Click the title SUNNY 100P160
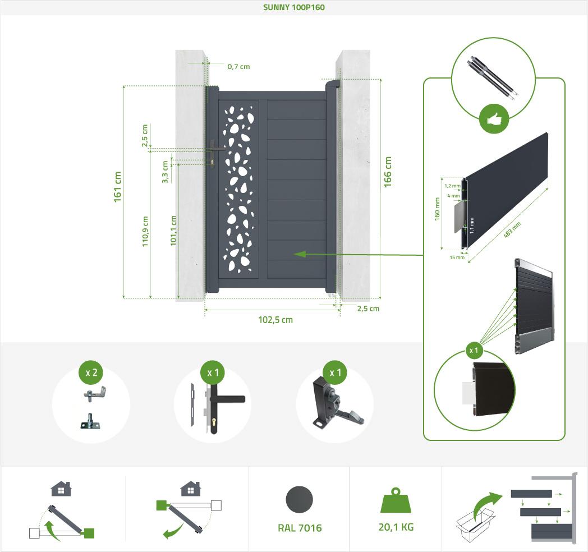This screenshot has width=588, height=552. point(294,7)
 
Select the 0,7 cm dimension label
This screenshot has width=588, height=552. point(238,66)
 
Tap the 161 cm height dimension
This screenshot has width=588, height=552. point(118,187)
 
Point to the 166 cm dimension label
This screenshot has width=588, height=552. point(388,172)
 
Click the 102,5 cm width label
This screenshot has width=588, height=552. point(275,320)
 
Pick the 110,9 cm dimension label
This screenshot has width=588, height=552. point(145,231)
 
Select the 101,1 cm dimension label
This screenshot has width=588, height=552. point(173,231)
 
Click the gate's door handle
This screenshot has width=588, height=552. point(216,149)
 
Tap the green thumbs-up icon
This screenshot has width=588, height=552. point(494,119)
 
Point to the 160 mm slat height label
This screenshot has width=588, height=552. point(437,209)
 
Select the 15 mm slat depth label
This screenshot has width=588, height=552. point(457,257)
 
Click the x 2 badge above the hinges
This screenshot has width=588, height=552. point(91,373)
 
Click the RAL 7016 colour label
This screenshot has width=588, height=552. point(300,528)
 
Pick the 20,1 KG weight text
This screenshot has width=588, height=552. point(396,527)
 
